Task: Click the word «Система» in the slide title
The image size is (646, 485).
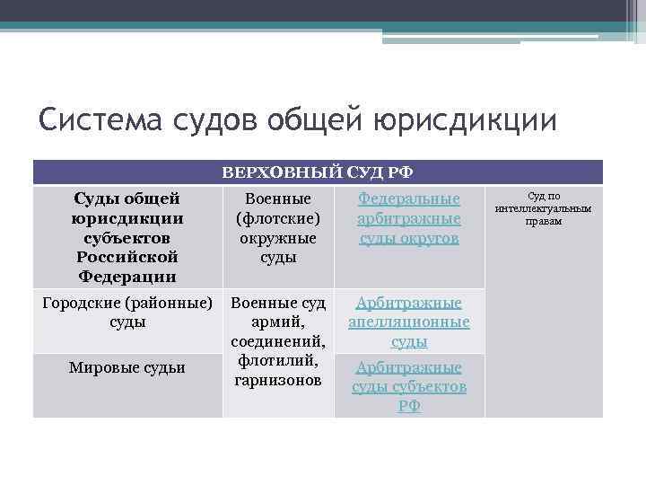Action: (97, 119)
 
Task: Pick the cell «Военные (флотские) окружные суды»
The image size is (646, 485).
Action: (278, 227)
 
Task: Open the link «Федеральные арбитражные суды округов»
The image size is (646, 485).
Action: (409, 218)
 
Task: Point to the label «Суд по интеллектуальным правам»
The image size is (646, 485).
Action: (544, 208)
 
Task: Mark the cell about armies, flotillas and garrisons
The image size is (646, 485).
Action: (278, 341)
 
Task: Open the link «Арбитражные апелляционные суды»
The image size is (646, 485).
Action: (409, 322)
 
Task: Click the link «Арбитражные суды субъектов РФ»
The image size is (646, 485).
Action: (409, 386)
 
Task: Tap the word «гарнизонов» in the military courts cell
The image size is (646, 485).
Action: (278, 381)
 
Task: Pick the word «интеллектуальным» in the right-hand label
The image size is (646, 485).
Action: (544, 208)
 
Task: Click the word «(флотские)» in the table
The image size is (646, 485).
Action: (278, 218)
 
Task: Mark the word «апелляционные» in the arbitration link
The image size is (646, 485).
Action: (409, 322)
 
